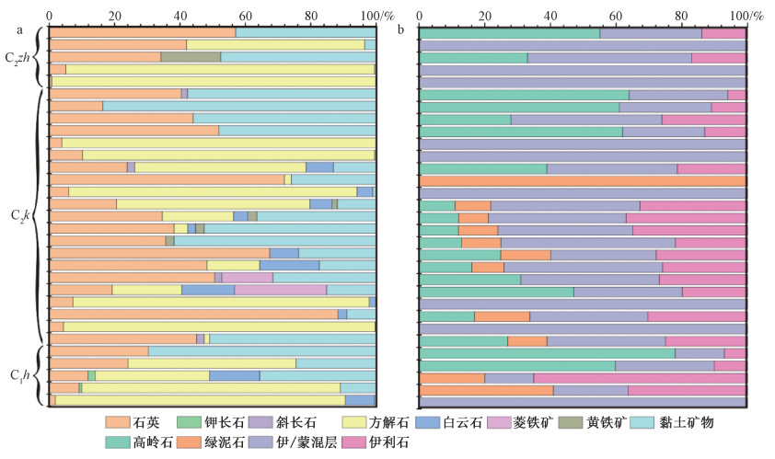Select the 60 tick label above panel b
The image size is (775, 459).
coord(616,17)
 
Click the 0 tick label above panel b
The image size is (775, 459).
coord(420,17)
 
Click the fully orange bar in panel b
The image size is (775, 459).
coord(583,181)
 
